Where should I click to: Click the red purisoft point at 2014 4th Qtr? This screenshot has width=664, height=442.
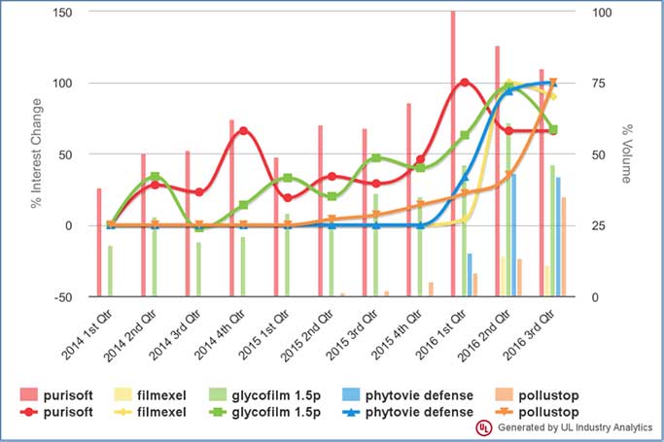pyautogui.click(x=243, y=131)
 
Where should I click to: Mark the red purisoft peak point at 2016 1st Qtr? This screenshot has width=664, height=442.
pyautogui.click(x=465, y=82)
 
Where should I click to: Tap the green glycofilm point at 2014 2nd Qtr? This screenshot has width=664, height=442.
pyautogui.click(x=155, y=177)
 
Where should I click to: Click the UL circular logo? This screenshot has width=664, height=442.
pyautogui.click(x=483, y=427)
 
